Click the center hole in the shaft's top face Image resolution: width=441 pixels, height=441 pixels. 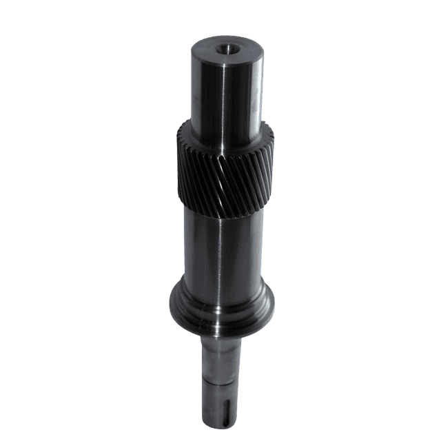pyautogui.click(x=225, y=50)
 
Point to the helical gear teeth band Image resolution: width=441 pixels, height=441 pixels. pyautogui.click(x=224, y=169)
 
